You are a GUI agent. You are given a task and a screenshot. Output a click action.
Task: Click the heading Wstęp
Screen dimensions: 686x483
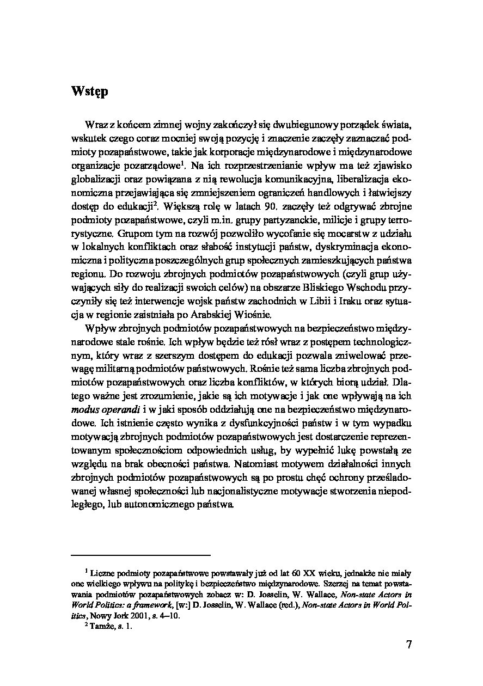89,91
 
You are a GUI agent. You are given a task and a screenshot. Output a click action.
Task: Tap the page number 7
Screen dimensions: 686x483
408,646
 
